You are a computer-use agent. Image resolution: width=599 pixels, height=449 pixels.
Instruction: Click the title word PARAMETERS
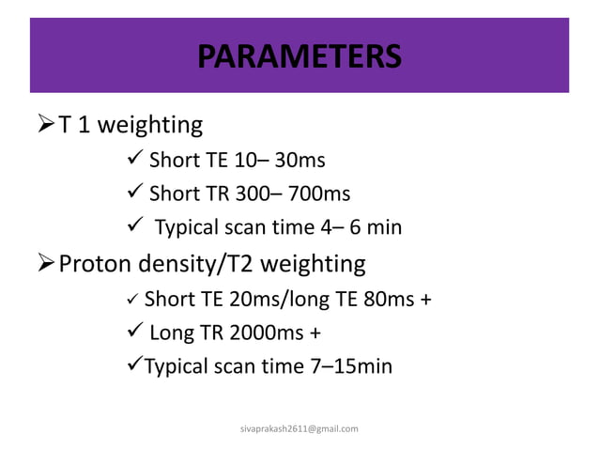tap(299, 55)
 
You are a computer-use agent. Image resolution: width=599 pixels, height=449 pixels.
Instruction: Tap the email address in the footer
tap(299, 428)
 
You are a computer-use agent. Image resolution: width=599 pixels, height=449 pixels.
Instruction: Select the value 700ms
tap(319, 194)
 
